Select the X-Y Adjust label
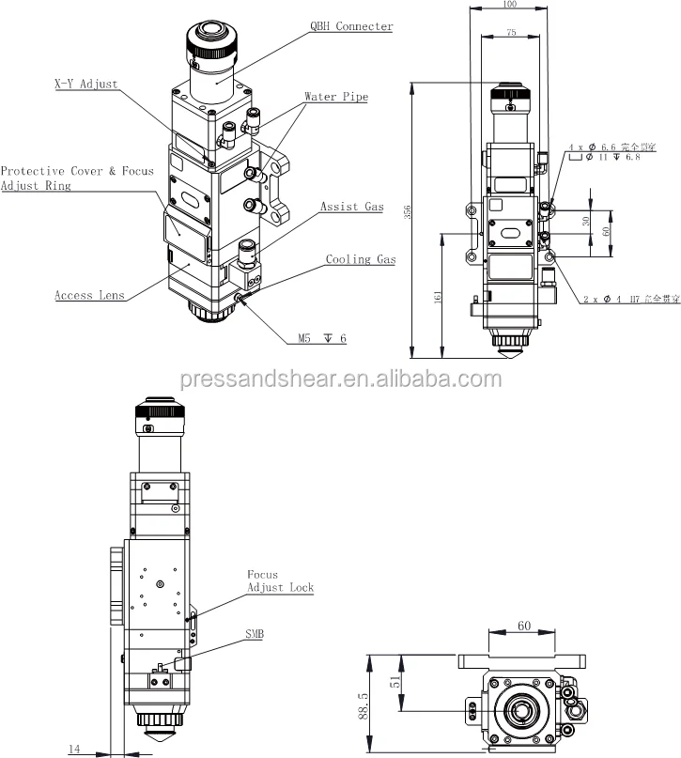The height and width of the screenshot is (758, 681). [x=85, y=84]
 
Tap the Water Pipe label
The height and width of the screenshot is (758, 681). [x=335, y=97]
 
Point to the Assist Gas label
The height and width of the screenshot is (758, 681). [x=351, y=207]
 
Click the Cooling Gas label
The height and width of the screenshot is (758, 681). [x=361, y=259]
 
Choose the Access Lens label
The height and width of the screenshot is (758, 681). [x=89, y=295]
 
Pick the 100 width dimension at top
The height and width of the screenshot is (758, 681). [x=510, y=5]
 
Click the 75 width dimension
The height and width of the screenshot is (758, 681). [x=509, y=31]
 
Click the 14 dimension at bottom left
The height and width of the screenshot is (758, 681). [x=74, y=749]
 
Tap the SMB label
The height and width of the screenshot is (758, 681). [x=255, y=635]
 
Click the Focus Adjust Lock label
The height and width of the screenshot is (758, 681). [x=279, y=581]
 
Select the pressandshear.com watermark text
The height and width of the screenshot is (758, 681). [x=340, y=379]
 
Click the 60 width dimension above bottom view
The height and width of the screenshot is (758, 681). [x=524, y=626]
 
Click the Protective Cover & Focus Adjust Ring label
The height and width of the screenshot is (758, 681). [x=77, y=178]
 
